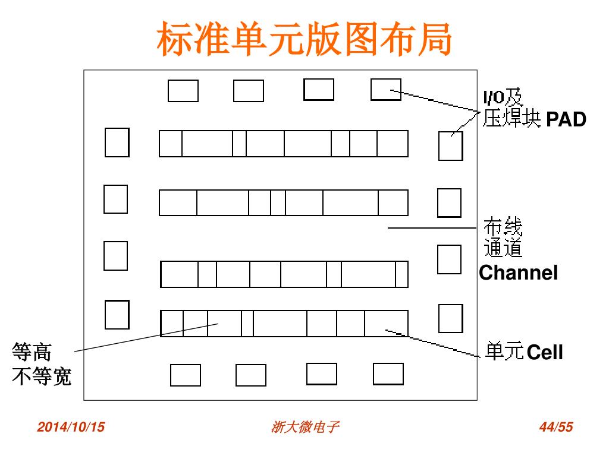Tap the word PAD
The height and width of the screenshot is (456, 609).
[x=566, y=120]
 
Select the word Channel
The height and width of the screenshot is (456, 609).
[x=519, y=273]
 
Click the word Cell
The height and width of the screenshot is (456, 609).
[x=545, y=353]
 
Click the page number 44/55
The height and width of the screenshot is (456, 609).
[x=555, y=427]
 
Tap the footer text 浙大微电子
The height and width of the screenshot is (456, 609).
[x=305, y=427]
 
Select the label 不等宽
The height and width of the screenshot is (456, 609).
[x=42, y=376]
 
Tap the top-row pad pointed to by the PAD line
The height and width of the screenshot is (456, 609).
[x=385, y=90]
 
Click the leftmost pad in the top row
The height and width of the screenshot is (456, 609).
[x=183, y=91]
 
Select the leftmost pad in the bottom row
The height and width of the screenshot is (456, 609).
[x=185, y=375]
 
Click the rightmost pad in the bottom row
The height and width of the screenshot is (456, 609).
[x=388, y=373]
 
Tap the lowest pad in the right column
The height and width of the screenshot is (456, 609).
[x=450, y=318]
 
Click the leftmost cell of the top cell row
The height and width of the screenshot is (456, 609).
[x=171, y=144]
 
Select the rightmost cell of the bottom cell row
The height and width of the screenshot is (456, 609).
[x=386, y=324]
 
